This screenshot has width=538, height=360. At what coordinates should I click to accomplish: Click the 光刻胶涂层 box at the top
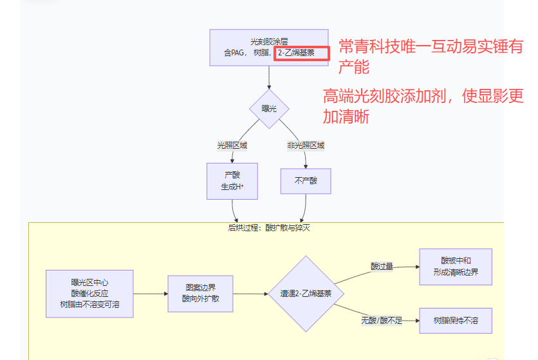tap(269, 47)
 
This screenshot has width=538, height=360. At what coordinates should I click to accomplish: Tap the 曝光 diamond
tap(269, 109)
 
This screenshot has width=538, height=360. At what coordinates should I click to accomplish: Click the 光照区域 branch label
tap(232, 146)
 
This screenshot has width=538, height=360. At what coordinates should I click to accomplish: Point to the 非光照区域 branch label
tap(306, 146)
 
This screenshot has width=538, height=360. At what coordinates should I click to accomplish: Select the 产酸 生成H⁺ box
tap(232, 180)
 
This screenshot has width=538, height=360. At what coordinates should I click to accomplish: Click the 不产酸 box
tap(306, 181)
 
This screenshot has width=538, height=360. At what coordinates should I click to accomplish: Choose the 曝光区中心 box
tap(89, 294)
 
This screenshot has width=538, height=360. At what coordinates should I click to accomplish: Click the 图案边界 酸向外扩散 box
tap(200, 294)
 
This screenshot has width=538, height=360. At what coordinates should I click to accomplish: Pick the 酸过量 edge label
tap(382, 266)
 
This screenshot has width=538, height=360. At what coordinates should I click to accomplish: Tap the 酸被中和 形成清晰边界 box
tap(456, 266)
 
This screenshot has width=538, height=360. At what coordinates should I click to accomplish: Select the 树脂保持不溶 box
tap(456, 320)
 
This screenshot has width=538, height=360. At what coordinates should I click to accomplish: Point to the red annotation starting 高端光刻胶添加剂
tap(423, 106)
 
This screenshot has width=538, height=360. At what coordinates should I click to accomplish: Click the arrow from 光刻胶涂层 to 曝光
tap(269, 77)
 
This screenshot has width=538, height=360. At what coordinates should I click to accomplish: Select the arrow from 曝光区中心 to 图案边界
tap(150, 294)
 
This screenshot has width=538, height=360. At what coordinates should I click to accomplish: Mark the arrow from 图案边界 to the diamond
tap(250, 294)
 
